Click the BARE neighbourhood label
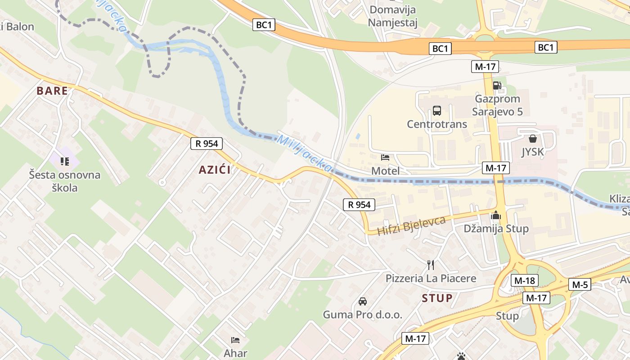point(52,91)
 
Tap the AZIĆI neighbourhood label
point(215,170)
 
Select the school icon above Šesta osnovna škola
point(65,161)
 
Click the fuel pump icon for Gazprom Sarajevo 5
point(497,85)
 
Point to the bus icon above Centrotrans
point(436,110)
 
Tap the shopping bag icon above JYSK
point(533,138)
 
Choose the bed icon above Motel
point(385,157)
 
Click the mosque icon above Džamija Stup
point(496,215)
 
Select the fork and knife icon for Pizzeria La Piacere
point(431,265)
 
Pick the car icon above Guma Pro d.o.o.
point(362,301)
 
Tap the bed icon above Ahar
point(235,340)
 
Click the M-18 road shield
point(524,281)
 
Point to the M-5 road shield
point(580,284)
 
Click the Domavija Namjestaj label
point(393,16)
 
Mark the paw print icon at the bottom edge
point(461,356)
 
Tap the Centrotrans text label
point(437,124)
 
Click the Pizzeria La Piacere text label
point(431,279)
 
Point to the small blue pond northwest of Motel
point(357,135)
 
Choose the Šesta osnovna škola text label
point(65,181)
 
